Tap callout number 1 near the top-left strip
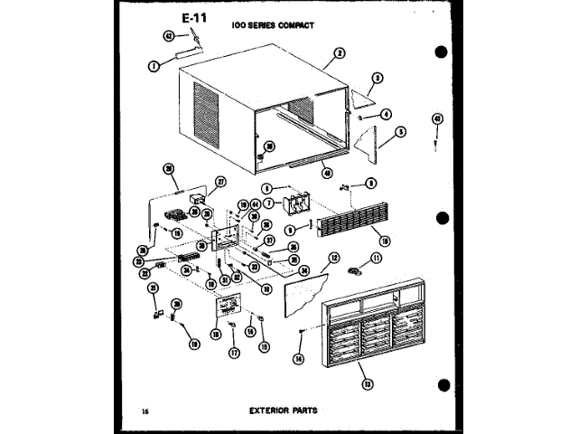(x=154, y=65)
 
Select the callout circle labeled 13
(x=367, y=383)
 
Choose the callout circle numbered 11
(x=378, y=258)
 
